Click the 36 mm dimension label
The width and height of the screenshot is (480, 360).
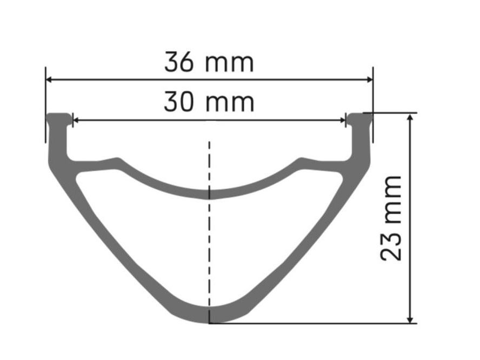pyautogui.click(x=209, y=63)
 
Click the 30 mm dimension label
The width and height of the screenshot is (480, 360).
pyautogui.click(x=209, y=102)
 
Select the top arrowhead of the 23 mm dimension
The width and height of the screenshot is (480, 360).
pyautogui.click(x=412, y=117)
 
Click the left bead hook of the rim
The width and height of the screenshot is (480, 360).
pyautogui.click(x=59, y=118)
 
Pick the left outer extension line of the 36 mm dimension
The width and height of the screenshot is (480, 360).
pyautogui.click(x=46, y=105)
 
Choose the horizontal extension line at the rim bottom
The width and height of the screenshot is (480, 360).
pyautogui.click(x=314, y=323)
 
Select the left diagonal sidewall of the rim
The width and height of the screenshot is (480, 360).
pyautogui.click(x=108, y=232)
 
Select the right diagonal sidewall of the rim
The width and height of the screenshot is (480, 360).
pyautogui.click(x=311, y=232)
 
